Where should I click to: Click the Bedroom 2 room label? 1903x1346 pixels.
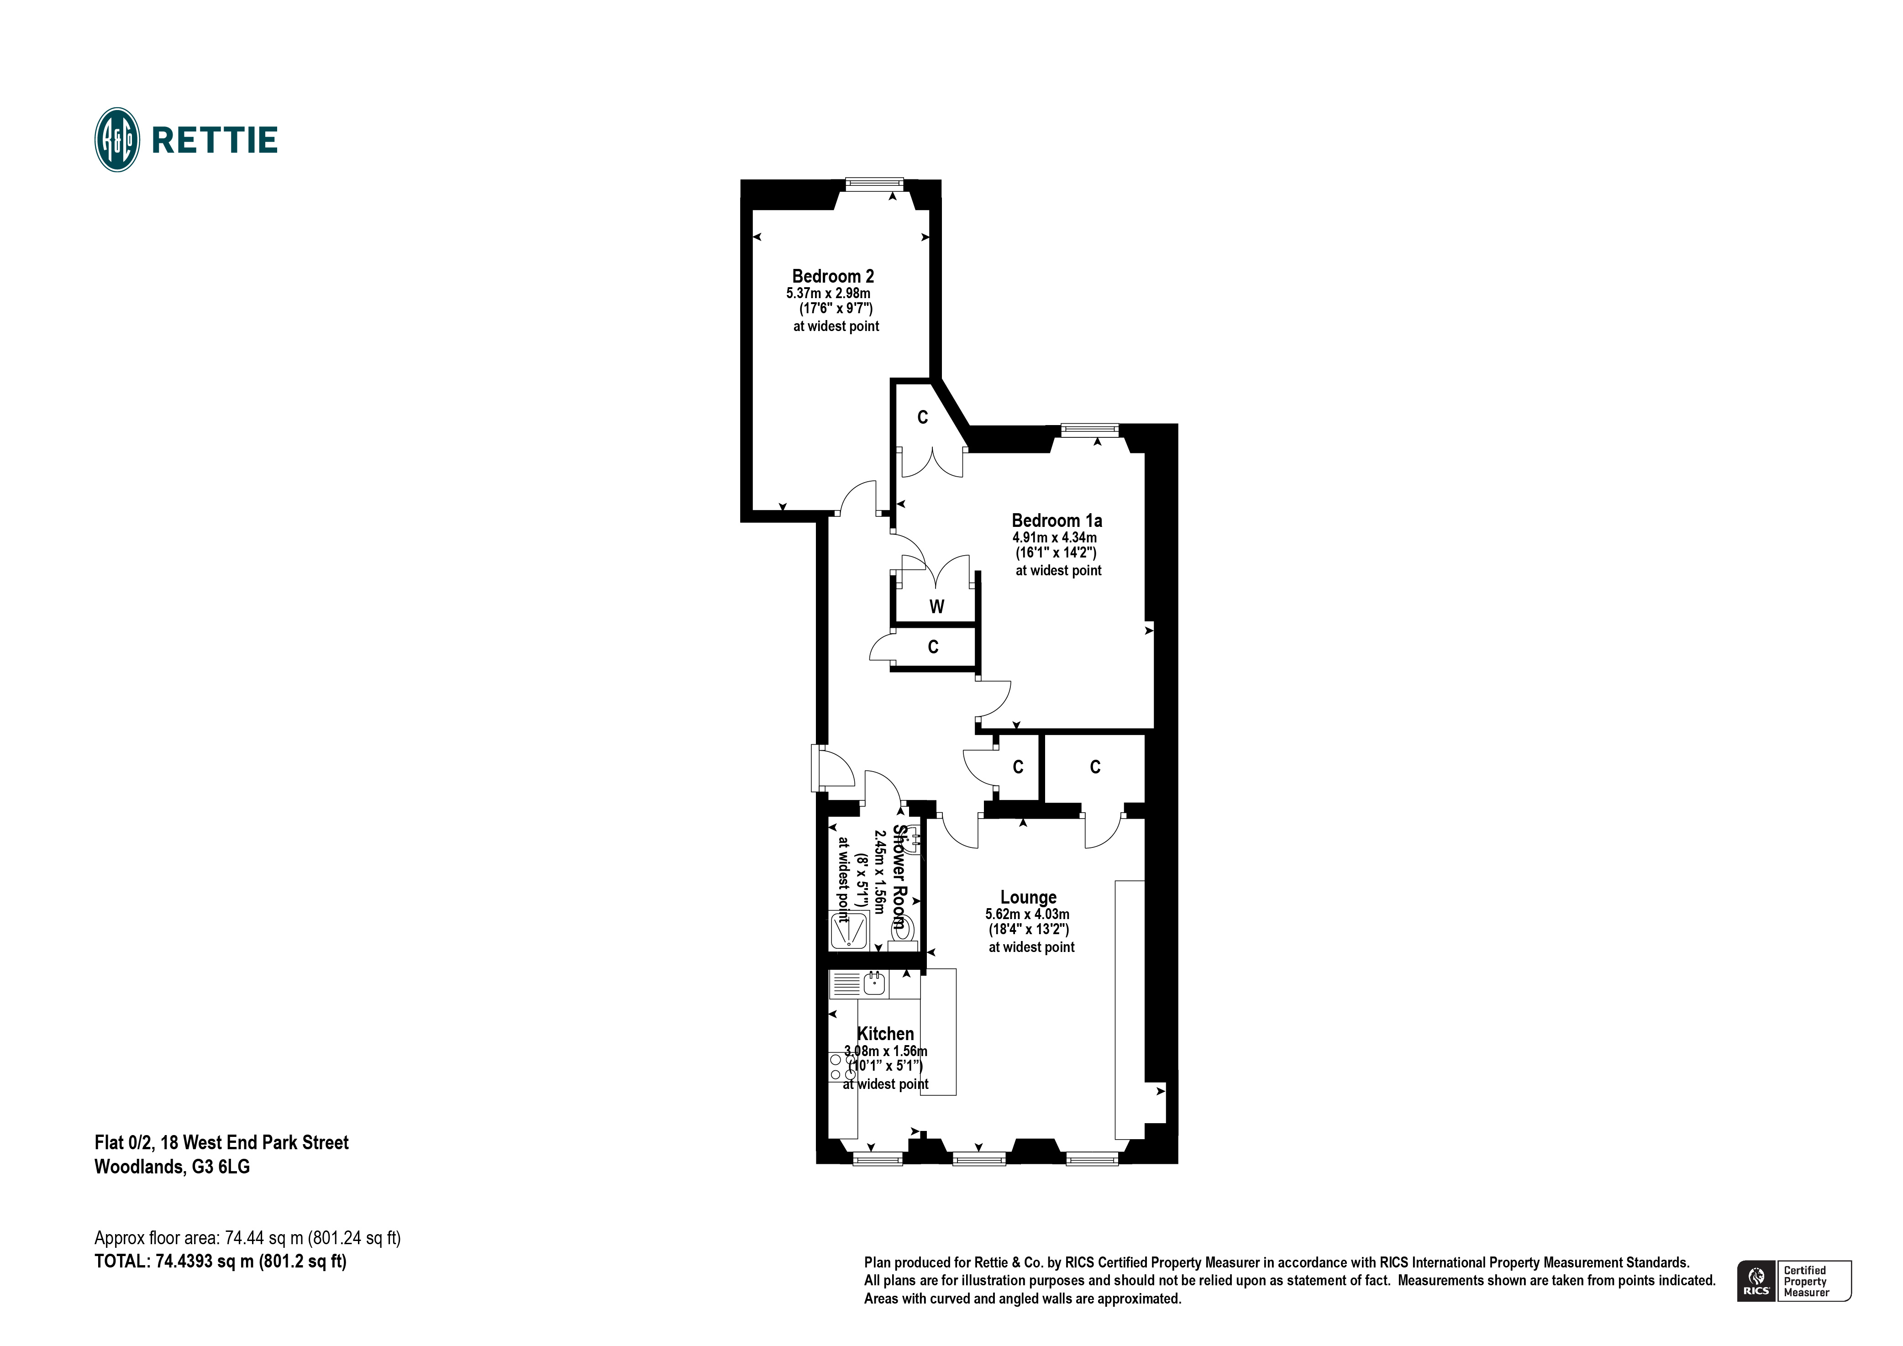832,276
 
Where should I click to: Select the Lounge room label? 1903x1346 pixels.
1028,897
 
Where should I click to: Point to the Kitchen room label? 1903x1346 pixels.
885,1034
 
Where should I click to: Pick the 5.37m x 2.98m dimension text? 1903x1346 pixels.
828,294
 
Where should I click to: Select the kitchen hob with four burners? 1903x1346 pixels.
842,1067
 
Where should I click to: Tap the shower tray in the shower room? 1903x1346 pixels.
850,930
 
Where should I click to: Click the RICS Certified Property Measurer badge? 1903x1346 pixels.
1793,1281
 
